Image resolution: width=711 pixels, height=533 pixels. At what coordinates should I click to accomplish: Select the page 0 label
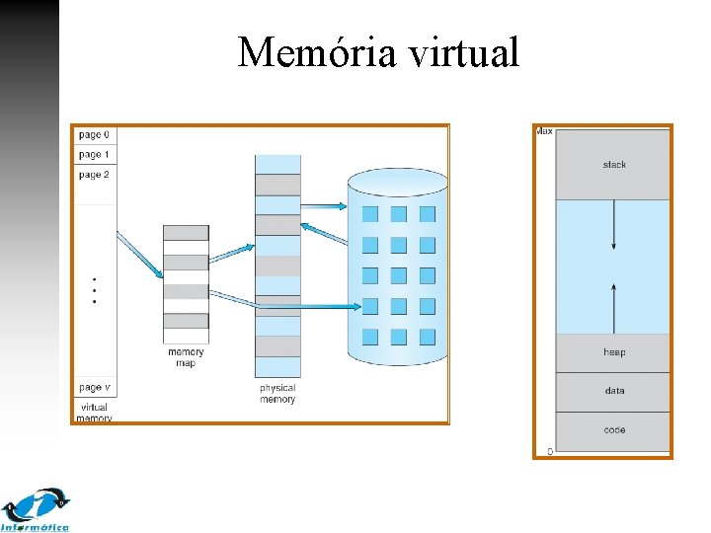(94, 135)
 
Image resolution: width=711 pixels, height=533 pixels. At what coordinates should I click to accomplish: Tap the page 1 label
(94, 155)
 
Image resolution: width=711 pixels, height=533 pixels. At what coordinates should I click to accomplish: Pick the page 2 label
(94, 175)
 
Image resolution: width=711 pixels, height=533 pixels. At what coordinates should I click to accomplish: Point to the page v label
(94, 388)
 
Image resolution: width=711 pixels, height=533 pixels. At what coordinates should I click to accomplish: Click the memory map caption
(186, 357)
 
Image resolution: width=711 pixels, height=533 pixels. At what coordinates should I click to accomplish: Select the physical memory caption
(277, 394)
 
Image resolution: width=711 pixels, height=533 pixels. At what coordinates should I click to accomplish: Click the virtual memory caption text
(94, 413)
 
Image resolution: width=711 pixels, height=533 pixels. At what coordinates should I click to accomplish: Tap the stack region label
(614, 165)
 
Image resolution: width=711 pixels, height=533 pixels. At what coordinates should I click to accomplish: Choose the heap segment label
(614, 352)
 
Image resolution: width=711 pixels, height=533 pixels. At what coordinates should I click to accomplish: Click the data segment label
(614, 391)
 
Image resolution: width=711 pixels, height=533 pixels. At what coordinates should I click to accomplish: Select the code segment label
(614, 430)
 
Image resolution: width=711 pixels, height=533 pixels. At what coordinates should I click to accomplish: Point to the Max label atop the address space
(544, 132)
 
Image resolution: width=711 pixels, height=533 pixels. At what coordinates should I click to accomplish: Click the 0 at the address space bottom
(549, 451)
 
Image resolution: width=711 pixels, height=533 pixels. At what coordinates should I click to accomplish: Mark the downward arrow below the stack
(614, 226)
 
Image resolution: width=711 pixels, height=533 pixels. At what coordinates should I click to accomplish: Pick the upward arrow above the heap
(614, 307)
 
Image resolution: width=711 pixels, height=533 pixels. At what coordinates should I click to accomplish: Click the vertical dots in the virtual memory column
(94, 290)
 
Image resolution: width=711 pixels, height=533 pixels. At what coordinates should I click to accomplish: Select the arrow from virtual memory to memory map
(139, 255)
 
